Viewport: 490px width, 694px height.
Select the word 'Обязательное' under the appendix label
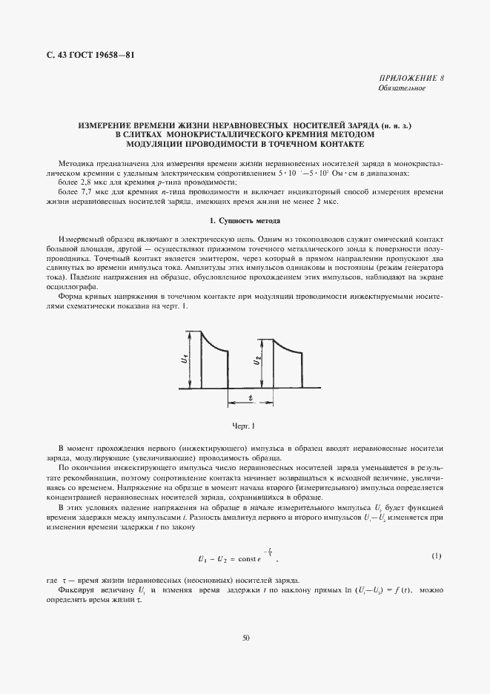coord(401,88)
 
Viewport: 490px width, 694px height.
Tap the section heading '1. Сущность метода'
coord(245,221)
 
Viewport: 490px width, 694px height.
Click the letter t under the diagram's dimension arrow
coord(251,397)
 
